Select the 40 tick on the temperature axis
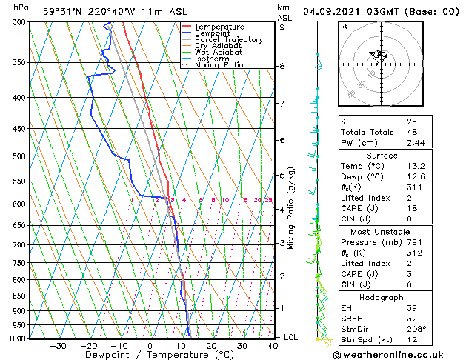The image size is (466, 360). tap(273, 346)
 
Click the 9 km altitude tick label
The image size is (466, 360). tap(282, 27)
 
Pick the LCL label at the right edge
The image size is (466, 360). tap(292, 337)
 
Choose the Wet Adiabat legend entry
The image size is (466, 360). tap(219, 52)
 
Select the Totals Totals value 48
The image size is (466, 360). tap(412, 132)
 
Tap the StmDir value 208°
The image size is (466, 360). tap(416, 330)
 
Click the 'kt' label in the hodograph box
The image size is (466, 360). tap(344, 27)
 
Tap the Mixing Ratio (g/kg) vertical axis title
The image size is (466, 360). tap(291, 207)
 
